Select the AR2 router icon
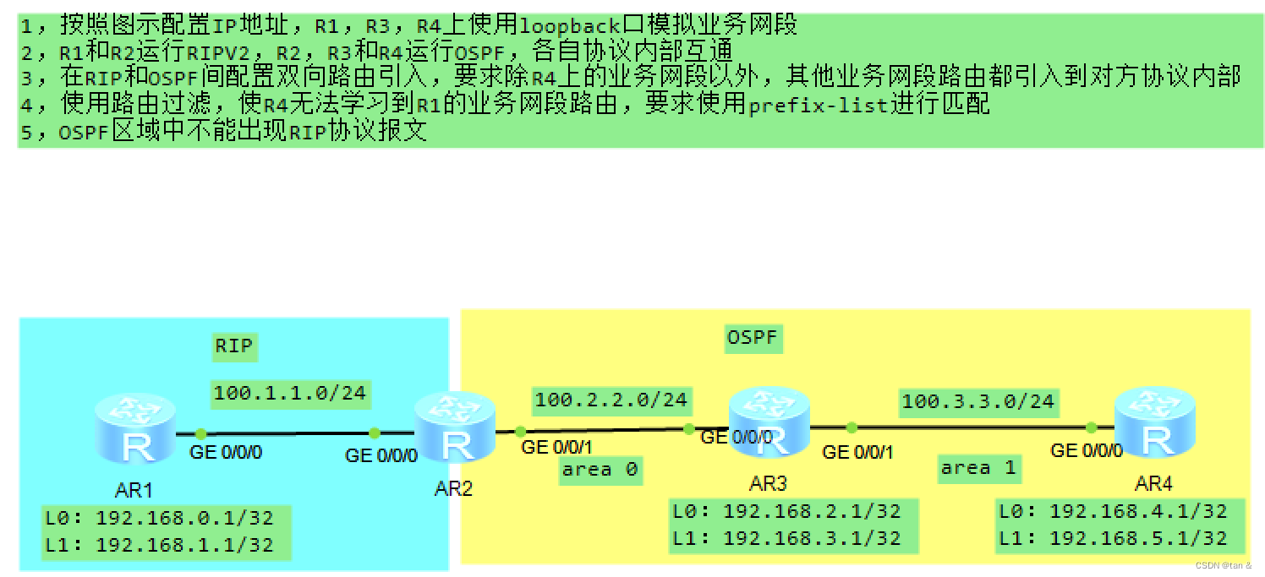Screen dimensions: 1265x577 coord(455,427)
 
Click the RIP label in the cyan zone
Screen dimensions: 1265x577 coord(234,346)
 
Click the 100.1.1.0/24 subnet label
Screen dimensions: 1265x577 coord(290,392)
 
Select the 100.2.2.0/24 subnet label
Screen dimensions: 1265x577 coord(611,399)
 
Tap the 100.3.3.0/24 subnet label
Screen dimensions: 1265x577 coord(978,400)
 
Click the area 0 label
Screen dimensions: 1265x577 coord(600,470)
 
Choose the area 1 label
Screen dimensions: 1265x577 coord(977,468)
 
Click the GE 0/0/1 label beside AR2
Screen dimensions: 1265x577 coord(557,447)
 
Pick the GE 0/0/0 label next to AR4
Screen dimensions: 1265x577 coord(1087,450)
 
